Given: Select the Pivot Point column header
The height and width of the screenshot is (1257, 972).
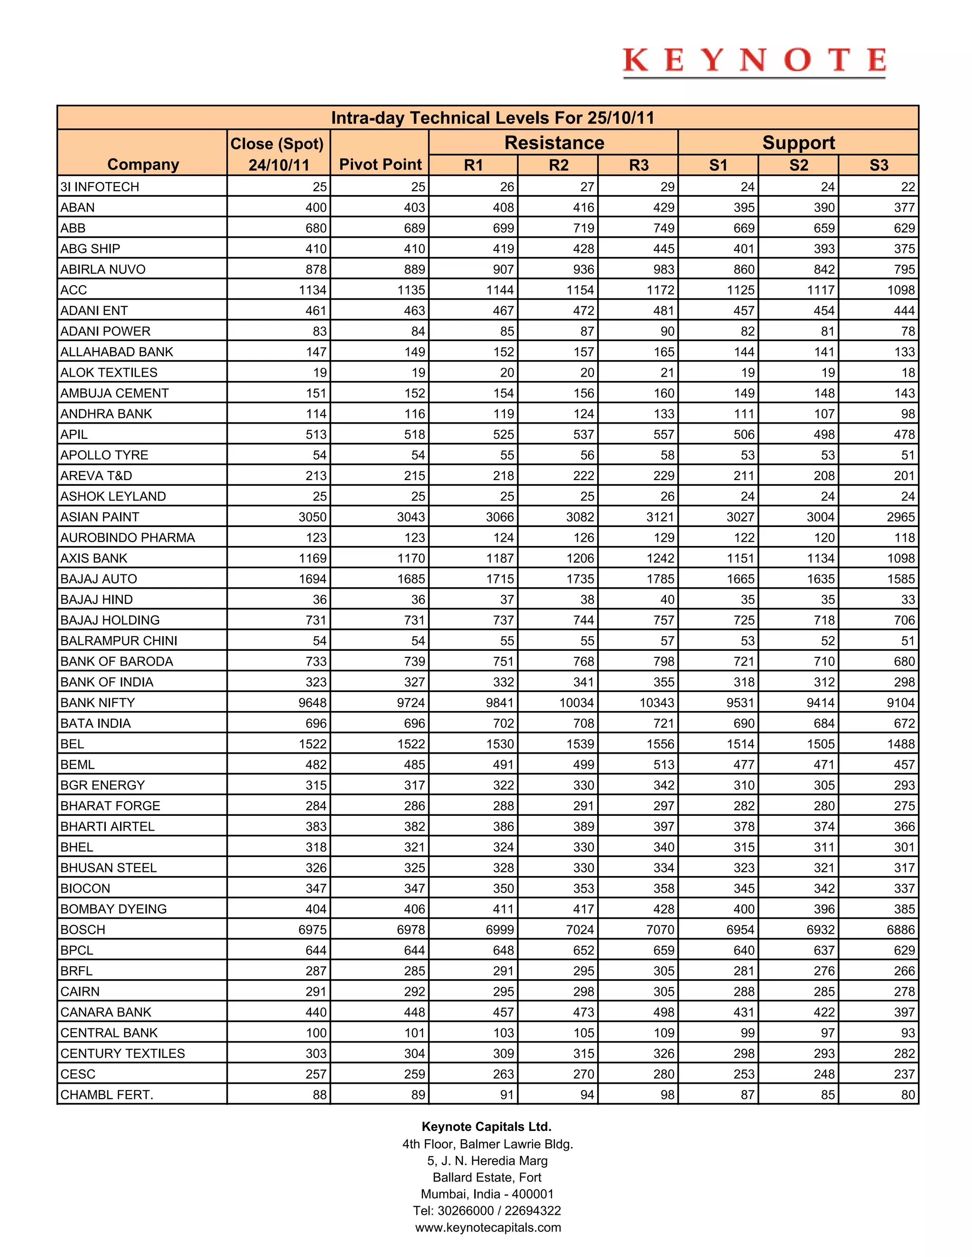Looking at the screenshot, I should (x=380, y=165).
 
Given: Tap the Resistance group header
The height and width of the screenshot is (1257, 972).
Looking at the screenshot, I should (x=554, y=143).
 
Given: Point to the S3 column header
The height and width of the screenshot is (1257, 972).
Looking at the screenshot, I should (x=879, y=166).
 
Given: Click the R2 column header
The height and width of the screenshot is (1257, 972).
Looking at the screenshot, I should (x=558, y=166).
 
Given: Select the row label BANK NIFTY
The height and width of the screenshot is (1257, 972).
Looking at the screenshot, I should (x=98, y=703).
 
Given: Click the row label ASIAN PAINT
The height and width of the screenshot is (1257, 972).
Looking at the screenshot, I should (x=100, y=517).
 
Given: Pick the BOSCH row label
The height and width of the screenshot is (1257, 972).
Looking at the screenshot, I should (x=83, y=930).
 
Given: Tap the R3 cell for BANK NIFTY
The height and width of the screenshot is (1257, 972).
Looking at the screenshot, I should (x=657, y=703).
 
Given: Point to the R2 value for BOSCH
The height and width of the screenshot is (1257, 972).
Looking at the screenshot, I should (x=580, y=930).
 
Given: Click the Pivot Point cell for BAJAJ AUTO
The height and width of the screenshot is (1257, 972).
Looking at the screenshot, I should (x=411, y=579).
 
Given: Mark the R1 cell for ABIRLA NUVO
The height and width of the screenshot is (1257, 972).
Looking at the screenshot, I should (x=503, y=269).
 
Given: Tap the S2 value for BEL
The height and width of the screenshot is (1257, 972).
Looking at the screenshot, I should (x=821, y=744).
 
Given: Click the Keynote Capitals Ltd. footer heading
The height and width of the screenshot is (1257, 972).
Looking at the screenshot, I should (x=486, y=1127).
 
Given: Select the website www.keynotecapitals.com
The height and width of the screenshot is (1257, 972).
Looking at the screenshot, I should (x=488, y=1227).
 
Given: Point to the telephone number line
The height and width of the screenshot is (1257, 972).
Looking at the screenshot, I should (x=486, y=1211).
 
